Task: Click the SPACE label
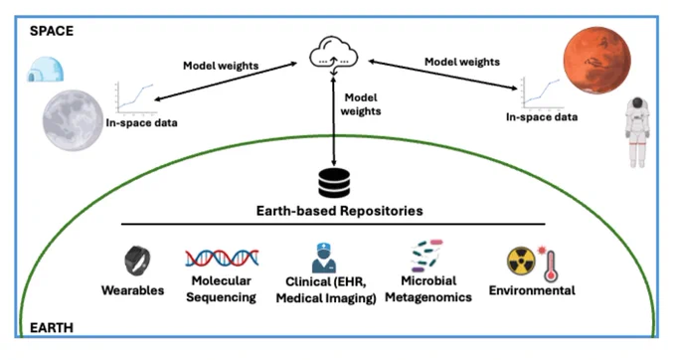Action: point(52,31)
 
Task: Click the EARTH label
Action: point(52,327)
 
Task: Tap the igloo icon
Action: point(46,69)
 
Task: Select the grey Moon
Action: point(73,120)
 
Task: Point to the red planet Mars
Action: point(597,60)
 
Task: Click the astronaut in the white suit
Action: point(637,132)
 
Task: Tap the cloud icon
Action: point(334,55)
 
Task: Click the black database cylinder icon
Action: point(334,183)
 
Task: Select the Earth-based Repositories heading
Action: point(340,211)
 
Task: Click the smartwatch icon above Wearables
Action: point(137,261)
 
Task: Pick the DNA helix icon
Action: point(222,258)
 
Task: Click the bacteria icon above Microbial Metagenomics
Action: point(426,256)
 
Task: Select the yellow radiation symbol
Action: point(521,261)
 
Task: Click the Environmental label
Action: point(532,290)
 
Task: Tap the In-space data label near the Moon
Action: point(141,123)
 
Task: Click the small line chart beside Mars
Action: point(542,92)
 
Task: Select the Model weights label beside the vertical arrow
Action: point(361,104)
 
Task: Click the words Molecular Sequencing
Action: point(221,288)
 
